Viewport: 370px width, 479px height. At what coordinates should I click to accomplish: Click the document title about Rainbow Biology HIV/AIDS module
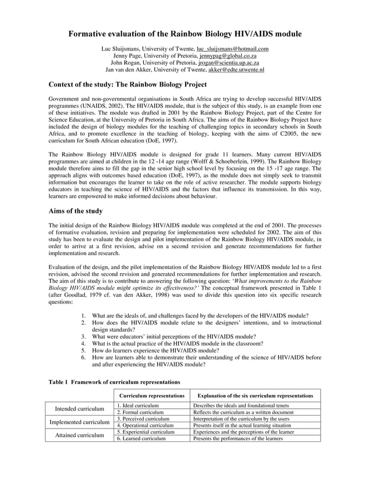click(x=185, y=34)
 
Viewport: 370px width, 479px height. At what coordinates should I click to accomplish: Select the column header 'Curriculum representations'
click(x=151, y=395)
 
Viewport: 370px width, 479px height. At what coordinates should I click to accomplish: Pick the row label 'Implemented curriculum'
click(x=79, y=422)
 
